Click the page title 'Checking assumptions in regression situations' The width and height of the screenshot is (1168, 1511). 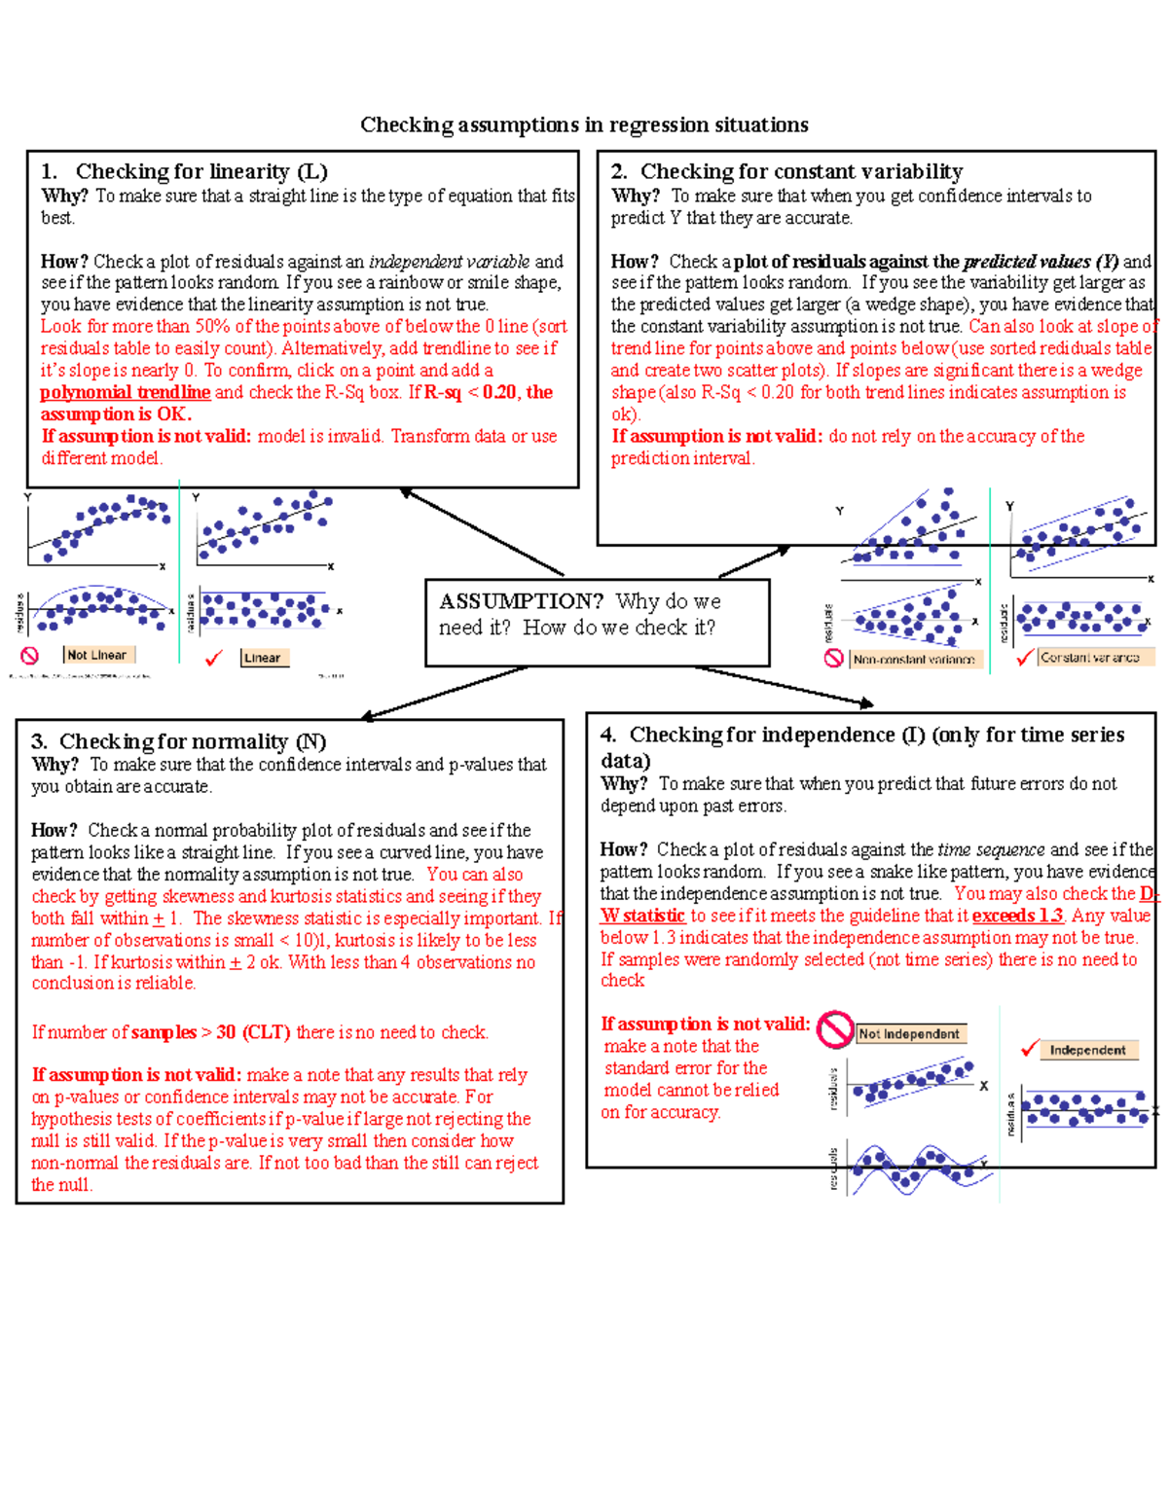pyautogui.click(x=584, y=125)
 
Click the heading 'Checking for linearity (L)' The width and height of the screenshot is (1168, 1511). pyautogui.click(x=201, y=171)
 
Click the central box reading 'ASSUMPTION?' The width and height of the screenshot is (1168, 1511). pyautogui.click(x=597, y=623)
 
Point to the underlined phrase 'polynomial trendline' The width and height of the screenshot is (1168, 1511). pyautogui.click(x=125, y=392)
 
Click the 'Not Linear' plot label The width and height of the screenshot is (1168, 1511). pyautogui.click(x=96, y=655)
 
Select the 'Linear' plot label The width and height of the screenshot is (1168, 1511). pyautogui.click(x=262, y=658)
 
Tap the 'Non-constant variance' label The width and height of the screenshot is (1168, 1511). pyautogui.click(x=914, y=660)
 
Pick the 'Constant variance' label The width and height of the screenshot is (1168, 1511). pyautogui.click(x=1090, y=658)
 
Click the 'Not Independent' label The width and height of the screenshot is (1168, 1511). pyautogui.click(x=909, y=1034)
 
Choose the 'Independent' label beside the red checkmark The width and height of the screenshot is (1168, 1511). pyautogui.click(x=1087, y=1050)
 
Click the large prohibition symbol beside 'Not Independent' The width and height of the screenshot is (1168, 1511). pyautogui.click(x=834, y=1029)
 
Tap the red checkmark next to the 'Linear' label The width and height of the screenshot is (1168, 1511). pyautogui.click(x=214, y=659)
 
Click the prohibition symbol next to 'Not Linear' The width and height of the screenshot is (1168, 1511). pyautogui.click(x=30, y=656)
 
